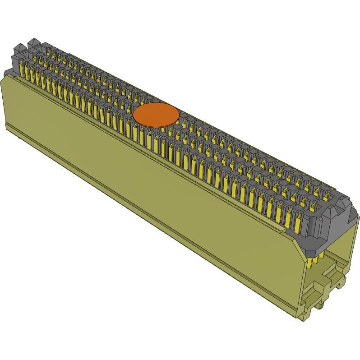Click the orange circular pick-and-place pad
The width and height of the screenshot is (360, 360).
click(x=156, y=114)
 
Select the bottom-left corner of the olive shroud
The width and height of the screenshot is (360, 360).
click(x=6, y=129)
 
